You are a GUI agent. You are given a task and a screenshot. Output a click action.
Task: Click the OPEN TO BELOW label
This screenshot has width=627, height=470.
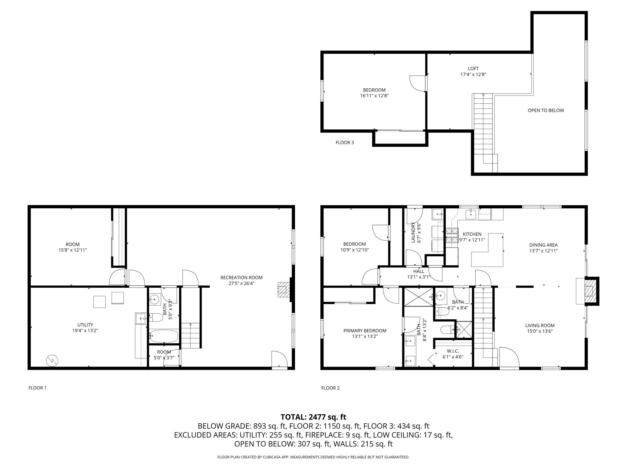coord(546,110)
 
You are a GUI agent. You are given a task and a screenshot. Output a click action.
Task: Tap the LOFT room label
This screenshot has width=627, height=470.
coord(473,69)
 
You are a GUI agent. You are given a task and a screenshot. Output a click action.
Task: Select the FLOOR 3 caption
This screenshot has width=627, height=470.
coord(345,143)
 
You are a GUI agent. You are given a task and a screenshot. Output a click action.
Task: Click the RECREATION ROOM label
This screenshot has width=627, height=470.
coord(241,278)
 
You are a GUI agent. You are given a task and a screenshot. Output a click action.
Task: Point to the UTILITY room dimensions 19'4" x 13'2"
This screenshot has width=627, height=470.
coord(85,331)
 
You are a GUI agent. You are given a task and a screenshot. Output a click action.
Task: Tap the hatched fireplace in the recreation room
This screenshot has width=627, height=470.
coord(282,290)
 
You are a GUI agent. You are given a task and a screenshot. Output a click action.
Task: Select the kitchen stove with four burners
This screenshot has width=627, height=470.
coord(452,236)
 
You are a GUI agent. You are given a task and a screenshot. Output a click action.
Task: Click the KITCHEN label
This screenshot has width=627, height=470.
coord(472,234)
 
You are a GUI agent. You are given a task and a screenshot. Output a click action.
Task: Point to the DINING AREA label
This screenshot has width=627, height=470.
coord(543,245)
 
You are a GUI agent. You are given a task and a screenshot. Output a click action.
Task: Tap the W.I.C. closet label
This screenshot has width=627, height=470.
coord(453,351)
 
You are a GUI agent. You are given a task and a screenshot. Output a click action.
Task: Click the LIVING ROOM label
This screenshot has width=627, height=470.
coord(540,326)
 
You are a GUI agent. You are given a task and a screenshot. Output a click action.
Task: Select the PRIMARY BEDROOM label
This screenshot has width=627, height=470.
coord(365,331)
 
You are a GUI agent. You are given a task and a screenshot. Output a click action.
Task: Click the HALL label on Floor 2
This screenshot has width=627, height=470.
coord(419,271)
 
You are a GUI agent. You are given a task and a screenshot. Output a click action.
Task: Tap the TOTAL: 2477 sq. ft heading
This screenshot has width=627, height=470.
coord(313,417)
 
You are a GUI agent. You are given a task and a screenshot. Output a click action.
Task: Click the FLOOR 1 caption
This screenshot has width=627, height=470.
coord(37,388)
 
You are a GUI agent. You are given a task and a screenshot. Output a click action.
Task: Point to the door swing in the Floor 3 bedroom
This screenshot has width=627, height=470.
coord(418,84)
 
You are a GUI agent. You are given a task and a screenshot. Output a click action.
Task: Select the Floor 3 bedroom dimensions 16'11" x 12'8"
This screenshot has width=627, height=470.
coord(374,96)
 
